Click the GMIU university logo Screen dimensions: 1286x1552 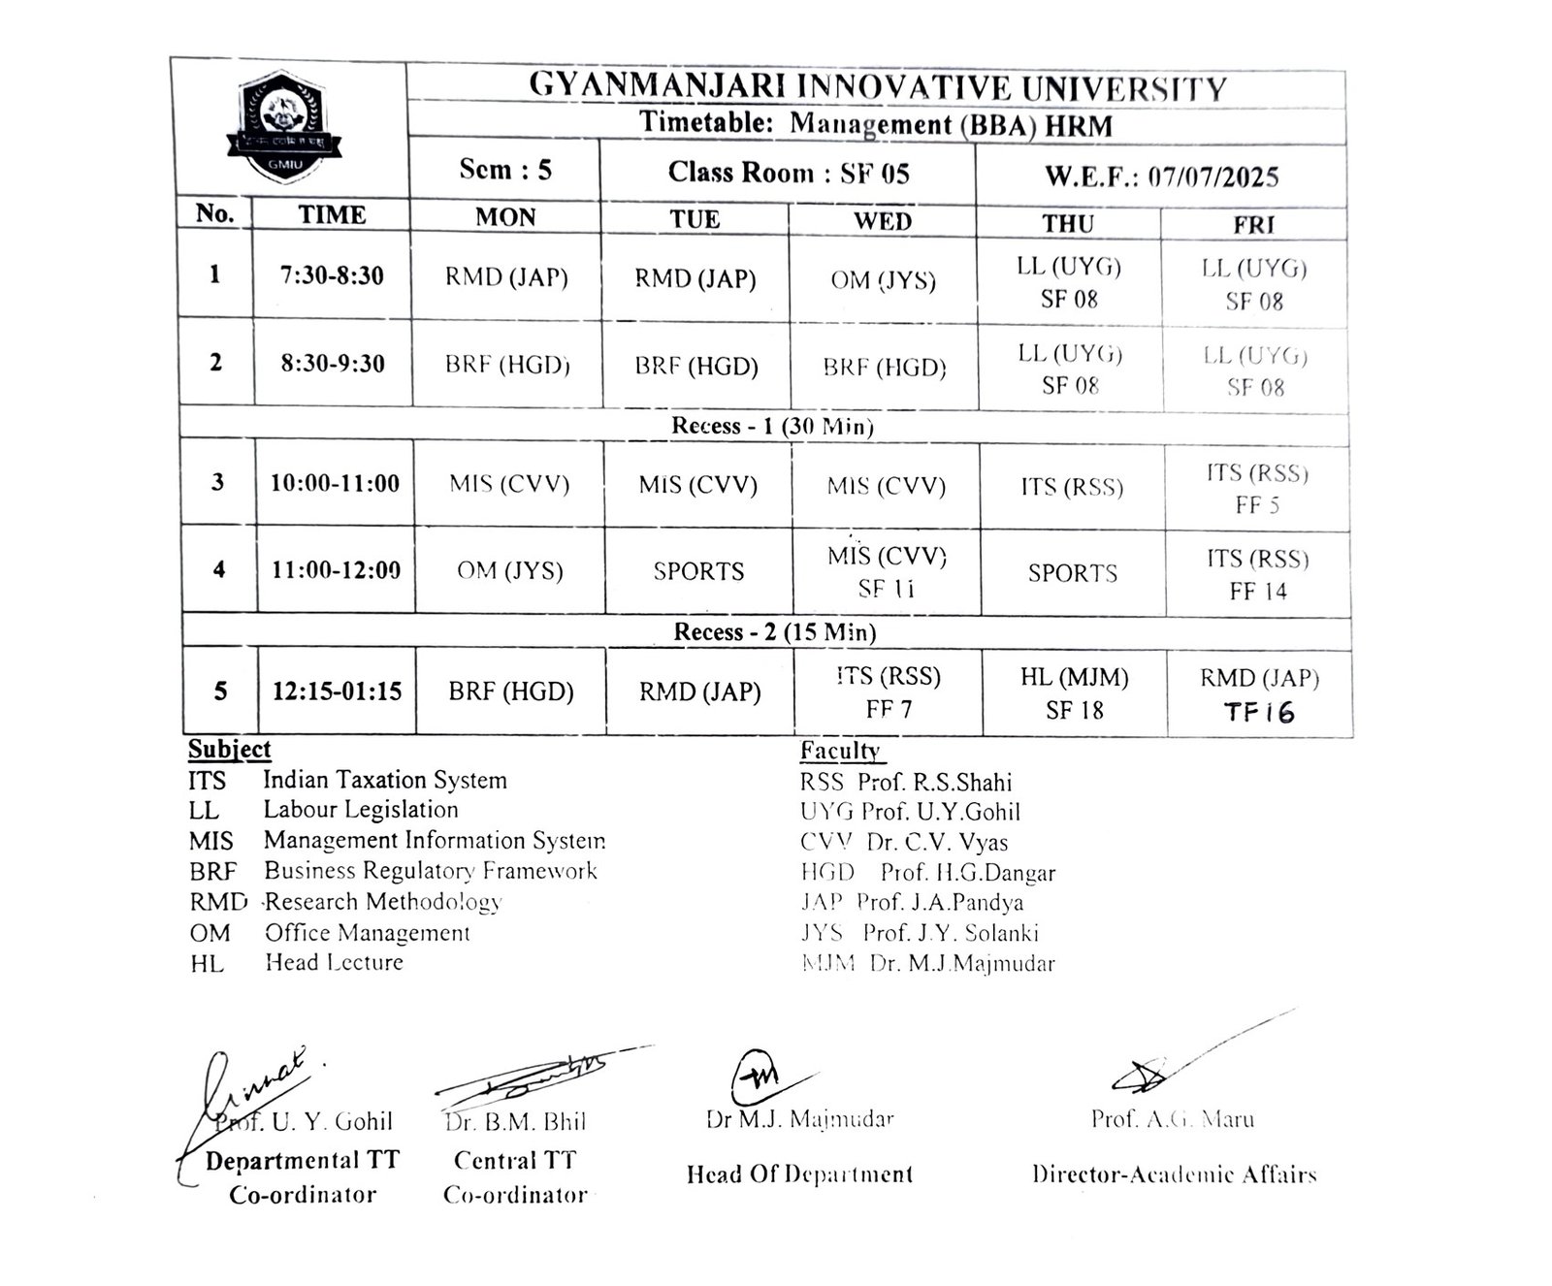point(284,126)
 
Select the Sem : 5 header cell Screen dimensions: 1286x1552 point(504,170)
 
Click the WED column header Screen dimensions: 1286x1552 point(882,221)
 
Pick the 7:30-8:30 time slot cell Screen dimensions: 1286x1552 point(332,275)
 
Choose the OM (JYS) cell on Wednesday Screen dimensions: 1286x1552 point(883,280)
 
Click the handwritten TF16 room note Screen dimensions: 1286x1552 point(1259,713)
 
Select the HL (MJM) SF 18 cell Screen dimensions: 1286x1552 point(1074,693)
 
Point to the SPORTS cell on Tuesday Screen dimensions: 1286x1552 point(698,571)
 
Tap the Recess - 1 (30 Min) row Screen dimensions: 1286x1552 point(772,426)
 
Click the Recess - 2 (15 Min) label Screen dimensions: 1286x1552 point(774,632)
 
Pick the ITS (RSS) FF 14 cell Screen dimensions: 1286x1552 point(1258,574)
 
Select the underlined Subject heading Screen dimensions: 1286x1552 point(230,750)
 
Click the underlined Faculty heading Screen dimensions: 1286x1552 point(840,751)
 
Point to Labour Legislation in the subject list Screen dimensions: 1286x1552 point(361,810)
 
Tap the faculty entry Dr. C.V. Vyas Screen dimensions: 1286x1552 point(936,842)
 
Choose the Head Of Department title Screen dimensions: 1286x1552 point(799,1174)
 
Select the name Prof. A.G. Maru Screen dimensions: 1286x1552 point(1172,1119)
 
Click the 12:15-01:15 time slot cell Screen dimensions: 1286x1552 point(337,691)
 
